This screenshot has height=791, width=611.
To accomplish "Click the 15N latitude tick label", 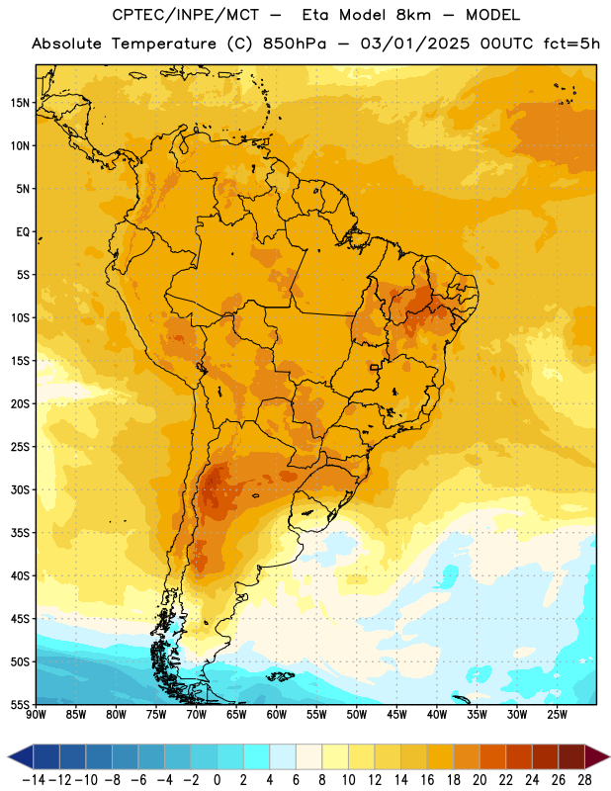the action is coord(20,103).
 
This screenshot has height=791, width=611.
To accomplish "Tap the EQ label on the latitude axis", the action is coord(23,232).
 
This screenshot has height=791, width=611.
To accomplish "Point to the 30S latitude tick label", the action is coord(20,489).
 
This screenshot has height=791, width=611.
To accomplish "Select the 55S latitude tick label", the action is coord(20,704).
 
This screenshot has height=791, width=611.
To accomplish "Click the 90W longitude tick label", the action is coord(37,715).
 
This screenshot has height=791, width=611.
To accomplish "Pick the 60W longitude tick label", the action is coord(277,715).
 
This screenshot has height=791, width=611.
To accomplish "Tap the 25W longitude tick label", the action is coord(557,715).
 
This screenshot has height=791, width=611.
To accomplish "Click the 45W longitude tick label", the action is coord(396,715).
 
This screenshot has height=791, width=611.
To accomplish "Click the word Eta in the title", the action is coord(315,15).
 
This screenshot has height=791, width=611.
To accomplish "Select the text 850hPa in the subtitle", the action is coord(295,44).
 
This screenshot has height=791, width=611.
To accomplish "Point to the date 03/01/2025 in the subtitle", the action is coord(414,44).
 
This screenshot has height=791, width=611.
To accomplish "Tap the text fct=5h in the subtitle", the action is coord(571,44).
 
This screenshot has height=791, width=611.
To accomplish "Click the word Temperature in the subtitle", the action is coord(163,44).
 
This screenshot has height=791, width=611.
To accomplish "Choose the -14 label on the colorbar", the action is coord(34,780).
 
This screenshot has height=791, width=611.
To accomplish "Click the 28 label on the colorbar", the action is coord(584,780).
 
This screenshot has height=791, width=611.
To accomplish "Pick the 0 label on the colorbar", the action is coord(218,780).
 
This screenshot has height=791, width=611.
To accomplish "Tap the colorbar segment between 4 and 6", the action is coord(283,756).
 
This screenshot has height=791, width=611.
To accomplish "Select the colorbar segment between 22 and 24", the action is coord(519,756).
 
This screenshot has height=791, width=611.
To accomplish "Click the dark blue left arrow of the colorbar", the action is coord(20,756).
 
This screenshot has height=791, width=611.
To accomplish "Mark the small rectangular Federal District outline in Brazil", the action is coord(375,367).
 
